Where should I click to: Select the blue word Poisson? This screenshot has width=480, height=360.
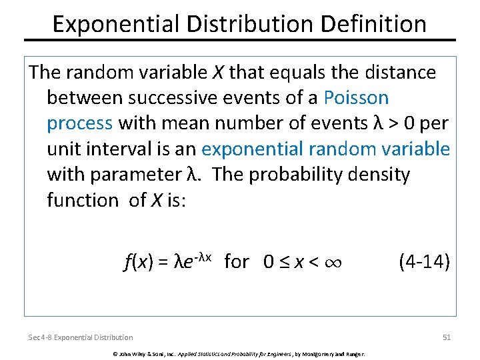(356, 98)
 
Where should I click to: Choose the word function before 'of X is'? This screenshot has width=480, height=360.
(82, 200)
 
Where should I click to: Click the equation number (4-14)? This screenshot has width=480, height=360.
(424, 261)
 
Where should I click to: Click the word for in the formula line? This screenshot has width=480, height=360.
(237, 261)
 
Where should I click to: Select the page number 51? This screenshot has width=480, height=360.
(447, 337)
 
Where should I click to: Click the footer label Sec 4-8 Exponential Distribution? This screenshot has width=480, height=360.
(81, 337)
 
